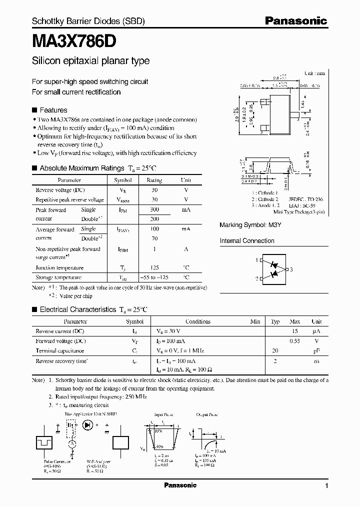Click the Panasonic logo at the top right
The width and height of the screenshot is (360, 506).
tap(295, 21)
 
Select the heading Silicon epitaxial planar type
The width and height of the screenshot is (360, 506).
tap(90, 61)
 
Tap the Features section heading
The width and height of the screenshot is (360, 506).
tap(53, 110)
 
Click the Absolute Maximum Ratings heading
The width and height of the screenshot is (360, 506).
tap(81, 168)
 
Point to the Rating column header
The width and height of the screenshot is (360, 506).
tap(154, 180)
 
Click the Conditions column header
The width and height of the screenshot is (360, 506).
tap(198, 321)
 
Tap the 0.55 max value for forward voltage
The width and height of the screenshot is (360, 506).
tap(295, 341)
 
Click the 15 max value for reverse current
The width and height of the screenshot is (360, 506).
tap(295, 331)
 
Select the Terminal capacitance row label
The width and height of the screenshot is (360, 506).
tap(59, 350)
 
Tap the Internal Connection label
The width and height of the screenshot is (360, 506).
tap(247, 241)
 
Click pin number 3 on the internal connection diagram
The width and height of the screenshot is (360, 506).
tap(291, 269)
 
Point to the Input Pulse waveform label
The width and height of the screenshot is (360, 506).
tap(164, 415)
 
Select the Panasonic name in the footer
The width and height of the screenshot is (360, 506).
tap(180, 485)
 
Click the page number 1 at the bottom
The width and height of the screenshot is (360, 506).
tap(326, 486)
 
